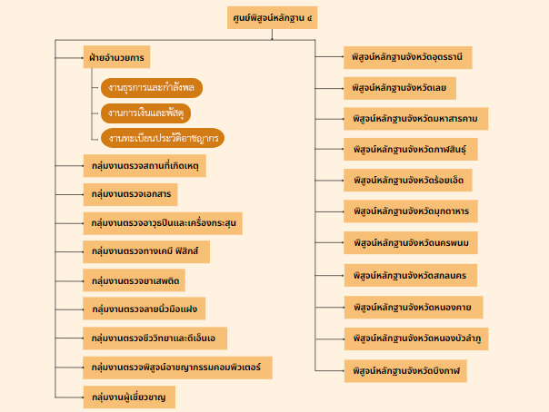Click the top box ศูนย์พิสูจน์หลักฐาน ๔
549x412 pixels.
tap(272, 17)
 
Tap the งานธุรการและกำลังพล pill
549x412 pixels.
tap(151, 88)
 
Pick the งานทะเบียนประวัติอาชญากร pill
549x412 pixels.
tap(162, 139)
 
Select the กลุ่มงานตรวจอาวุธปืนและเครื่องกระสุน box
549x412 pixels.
tap(162, 221)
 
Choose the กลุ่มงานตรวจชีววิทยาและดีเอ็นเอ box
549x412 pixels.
tap(155, 338)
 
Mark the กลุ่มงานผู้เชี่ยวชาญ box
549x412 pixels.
tap(128, 397)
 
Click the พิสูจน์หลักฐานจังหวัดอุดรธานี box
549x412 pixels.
tap(407, 57)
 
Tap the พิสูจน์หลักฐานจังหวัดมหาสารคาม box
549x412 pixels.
tap(415, 118)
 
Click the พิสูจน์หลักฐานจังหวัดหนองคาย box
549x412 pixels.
tap(413, 306)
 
